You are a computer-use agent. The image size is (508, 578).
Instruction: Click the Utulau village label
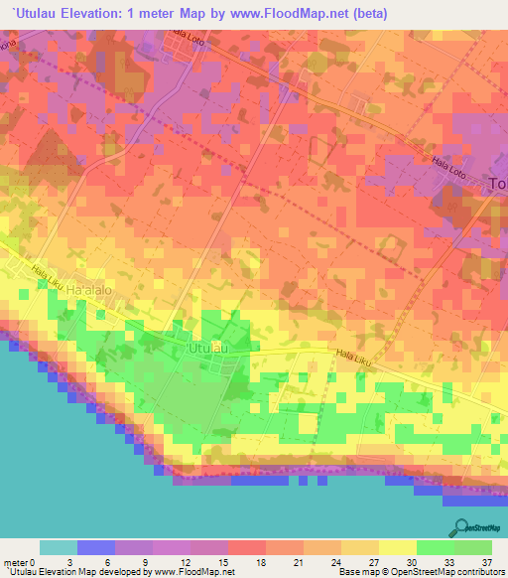tap(209, 349)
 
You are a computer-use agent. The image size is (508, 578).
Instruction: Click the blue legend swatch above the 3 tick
tap(96, 547)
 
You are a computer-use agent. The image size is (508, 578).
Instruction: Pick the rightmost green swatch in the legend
tap(473, 547)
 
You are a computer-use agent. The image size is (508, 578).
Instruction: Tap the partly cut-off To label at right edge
tap(499, 183)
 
